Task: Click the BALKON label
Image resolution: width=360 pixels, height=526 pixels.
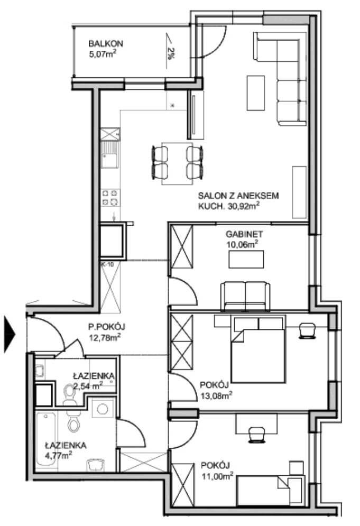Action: coord(105,43)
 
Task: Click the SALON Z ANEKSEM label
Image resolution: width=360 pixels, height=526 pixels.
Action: coord(238,196)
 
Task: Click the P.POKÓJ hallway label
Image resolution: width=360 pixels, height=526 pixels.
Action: coord(106,327)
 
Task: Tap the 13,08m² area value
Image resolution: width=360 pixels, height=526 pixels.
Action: coord(216,395)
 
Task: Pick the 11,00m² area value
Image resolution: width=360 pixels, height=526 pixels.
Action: coord(217,476)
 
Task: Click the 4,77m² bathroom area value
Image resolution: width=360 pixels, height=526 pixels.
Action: coord(59,456)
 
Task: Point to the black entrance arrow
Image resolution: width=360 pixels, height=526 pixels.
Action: coord(10,334)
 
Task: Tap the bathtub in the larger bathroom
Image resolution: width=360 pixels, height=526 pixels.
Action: coord(47,439)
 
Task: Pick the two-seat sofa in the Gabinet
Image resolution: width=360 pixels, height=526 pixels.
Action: coord(245,296)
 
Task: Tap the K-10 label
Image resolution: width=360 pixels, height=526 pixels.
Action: coord(107,264)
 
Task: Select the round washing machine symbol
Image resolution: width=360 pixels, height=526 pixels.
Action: coord(103,409)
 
